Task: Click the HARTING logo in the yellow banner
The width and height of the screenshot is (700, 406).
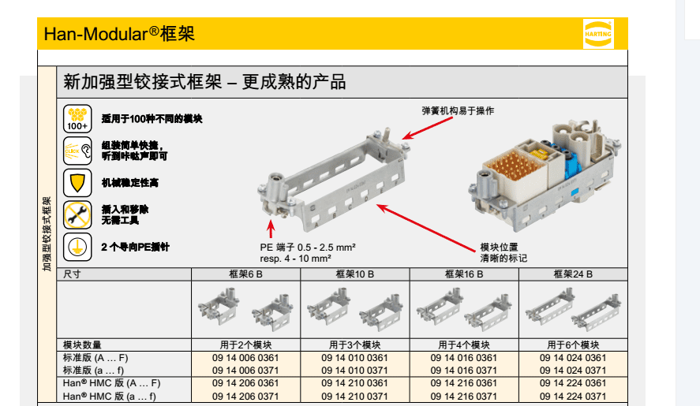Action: click(x=598, y=33)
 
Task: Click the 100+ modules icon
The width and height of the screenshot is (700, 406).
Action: click(x=77, y=119)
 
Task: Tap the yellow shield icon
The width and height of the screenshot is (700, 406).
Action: click(x=77, y=183)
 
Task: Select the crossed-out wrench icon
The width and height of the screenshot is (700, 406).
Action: click(x=77, y=215)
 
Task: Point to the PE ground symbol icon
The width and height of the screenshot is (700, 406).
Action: click(x=77, y=247)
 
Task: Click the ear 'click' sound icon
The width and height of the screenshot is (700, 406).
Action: click(x=77, y=151)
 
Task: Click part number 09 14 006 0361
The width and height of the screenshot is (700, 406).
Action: click(x=245, y=358)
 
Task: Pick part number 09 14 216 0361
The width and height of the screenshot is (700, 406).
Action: click(x=463, y=383)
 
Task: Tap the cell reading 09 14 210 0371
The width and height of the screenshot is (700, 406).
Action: click(x=354, y=397)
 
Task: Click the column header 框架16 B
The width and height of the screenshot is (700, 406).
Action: click(x=464, y=274)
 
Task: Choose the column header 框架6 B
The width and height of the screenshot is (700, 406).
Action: click(x=245, y=274)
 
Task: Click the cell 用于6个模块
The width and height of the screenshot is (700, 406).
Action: click(x=573, y=345)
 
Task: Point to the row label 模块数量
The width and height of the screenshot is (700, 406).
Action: click(x=82, y=345)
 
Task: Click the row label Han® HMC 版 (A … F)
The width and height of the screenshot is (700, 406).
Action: click(x=111, y=383)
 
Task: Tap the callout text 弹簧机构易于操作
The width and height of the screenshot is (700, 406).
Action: click(x=458, y=110)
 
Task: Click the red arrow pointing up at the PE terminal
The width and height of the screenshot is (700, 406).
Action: click(x=271, y=229)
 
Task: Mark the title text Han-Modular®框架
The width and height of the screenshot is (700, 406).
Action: click(x=119, y=34)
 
